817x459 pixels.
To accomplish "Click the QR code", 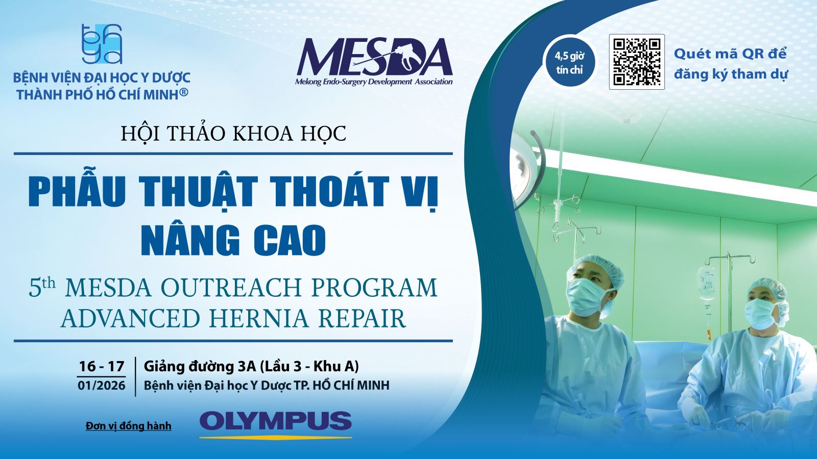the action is pos(637,62).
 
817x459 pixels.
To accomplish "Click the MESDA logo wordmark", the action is pos(374,57).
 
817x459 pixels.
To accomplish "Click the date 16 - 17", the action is pos(102,366).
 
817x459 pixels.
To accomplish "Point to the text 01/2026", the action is pos(102,385).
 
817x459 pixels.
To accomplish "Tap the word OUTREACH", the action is pos(231,288).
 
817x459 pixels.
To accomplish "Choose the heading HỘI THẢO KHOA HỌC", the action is pos(233,133).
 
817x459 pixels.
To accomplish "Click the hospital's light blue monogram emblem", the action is pos(102,44).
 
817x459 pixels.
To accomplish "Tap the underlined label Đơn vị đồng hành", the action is pos(128,425).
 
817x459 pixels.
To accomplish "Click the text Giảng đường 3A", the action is pos(200,367).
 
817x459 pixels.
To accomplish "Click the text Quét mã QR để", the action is pos(730,54).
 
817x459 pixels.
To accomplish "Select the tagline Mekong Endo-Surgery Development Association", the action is pos(374,82).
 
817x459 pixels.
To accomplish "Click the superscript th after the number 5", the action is pos(49,283).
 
